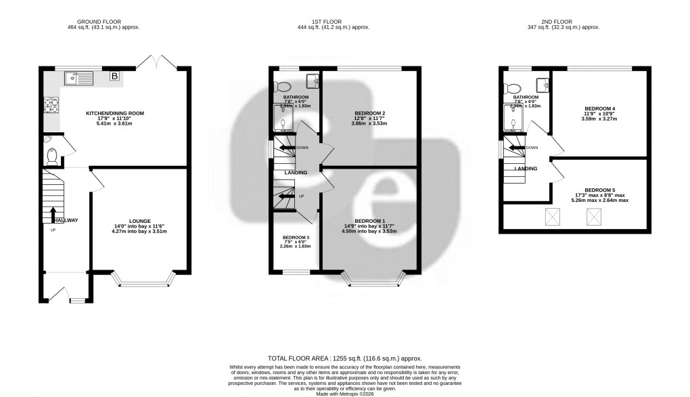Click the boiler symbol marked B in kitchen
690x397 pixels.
click(114, 76)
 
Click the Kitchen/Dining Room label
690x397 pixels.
click(114, 112)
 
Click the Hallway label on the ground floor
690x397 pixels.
click(66, 220)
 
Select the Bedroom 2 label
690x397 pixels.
click(369, 112)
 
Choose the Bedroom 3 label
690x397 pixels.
click(296, 238)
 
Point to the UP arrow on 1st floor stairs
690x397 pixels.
click(287, 196)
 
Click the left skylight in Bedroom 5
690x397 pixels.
click(551, 217)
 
